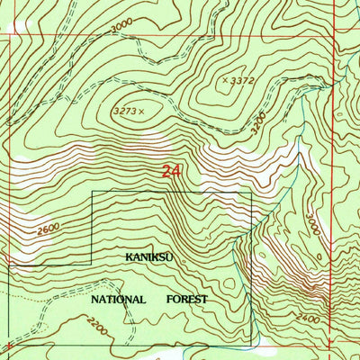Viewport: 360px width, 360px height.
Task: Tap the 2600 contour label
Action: (x=50, y=229)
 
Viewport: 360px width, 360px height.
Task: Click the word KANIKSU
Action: (x=148, y=256)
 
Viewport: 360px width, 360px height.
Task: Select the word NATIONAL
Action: (x=119, y=299)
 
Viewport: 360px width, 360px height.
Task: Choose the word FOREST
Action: (x=186, y=299)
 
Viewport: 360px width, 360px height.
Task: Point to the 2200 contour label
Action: (x=97, y=332)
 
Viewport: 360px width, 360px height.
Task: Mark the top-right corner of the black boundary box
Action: (x=251, y=192)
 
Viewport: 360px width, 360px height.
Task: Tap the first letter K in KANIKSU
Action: (x=129, y=256)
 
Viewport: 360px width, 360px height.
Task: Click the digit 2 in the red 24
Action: (x=167, y=171)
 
